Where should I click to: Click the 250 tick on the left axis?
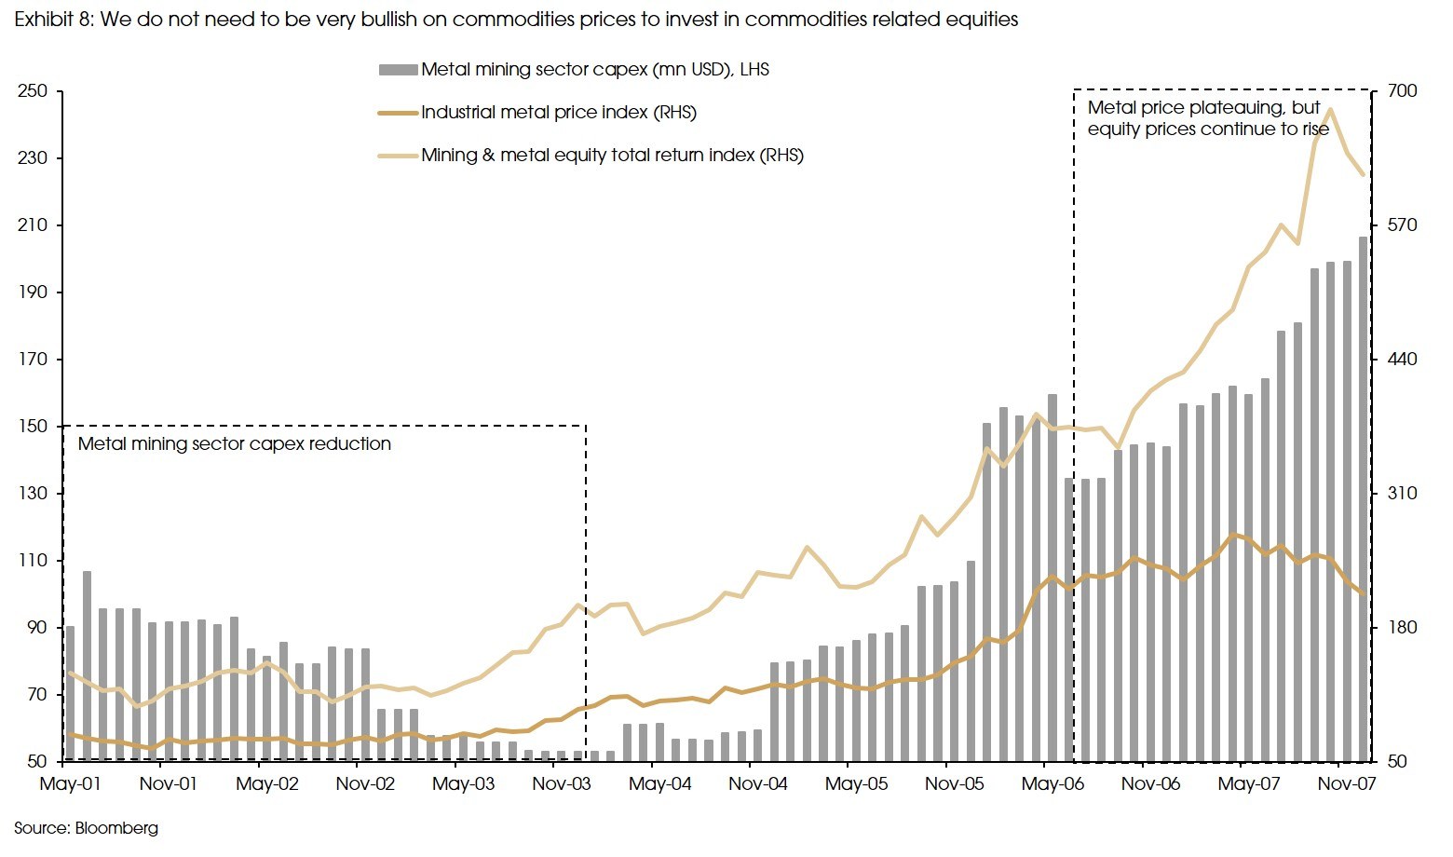coord(32,91)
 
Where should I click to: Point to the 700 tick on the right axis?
coord(1402,91)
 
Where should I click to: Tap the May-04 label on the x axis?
coord(659,784)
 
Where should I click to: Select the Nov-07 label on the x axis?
coord(1346,784)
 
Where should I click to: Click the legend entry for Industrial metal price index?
coord(558,113)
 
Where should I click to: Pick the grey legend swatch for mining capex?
coord(398,70)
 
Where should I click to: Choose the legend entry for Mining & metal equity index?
coord(611,156)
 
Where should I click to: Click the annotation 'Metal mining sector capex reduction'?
coord(234,444)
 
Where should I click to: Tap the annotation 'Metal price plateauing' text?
coord(1203,108)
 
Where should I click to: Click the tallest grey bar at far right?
coord(1364,498)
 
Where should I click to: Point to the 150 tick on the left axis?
coord(32,427)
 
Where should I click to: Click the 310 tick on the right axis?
coord(1402,494)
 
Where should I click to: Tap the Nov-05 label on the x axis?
coord(954,784)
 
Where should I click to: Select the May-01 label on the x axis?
coord(70,784)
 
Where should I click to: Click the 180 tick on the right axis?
coord(1402,628)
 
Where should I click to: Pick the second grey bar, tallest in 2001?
coord(87,666)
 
